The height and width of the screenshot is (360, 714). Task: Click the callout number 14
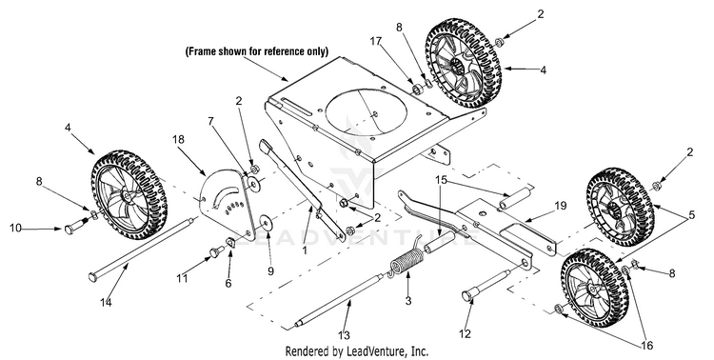[x=106, y=302]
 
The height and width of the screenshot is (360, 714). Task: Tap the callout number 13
[x=345, y=335]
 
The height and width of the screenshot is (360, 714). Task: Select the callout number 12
[x=465, y=333]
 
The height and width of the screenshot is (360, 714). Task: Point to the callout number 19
[x=561, y=206]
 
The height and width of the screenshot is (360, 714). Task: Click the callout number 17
[x=375, y=42]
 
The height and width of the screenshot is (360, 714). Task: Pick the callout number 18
[x=179, y=139]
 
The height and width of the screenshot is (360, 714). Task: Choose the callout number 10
[x=15, y=228]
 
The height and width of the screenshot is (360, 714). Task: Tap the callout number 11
[x=182, y=277]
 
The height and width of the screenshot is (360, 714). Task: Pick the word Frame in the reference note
[x=202, y=51]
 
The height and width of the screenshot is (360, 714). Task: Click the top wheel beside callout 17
[x=463, y=63]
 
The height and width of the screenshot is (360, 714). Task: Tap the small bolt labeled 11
[x=215, y=251]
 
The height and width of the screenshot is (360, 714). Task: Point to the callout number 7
[x=210, y=122]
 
